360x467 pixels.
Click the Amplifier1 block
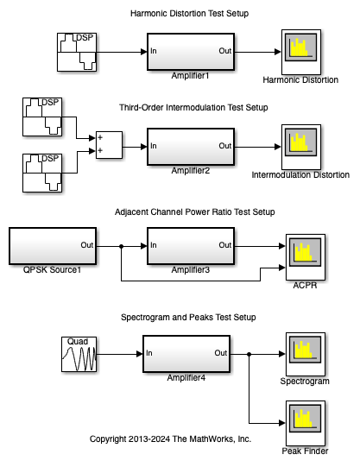pos(191,52)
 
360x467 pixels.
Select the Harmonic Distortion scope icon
pos(301,52)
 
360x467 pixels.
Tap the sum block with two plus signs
pos(109,145)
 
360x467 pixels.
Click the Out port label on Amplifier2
pos(225,146)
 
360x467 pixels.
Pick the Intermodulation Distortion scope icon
pos(301,147)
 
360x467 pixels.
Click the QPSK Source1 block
pos(53,246)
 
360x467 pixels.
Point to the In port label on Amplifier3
pos(154,245)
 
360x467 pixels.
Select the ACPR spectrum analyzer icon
pos(306,257)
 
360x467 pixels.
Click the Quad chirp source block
pos(79,354)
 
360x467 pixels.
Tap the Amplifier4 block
pos(186,354)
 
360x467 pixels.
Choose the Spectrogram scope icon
pos(306,354)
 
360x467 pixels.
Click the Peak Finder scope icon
pos(306,423)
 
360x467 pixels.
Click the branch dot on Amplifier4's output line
pos(249,354)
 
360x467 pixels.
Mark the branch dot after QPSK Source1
pos(121,246)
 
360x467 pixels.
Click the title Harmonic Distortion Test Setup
pos(189,14)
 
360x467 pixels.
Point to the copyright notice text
pos(170,439)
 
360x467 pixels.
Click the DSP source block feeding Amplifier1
pos(77,52)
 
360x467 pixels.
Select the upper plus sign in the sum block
pos(100,137)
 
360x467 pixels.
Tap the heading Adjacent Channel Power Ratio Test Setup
pos(195,212)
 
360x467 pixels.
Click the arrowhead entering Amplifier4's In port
pos(139,354)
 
